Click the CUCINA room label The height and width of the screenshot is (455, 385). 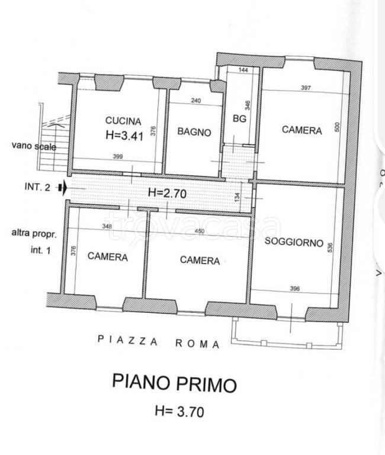(123, 121)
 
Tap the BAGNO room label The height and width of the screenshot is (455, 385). (194, 132)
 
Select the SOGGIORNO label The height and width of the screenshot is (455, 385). (294, 242)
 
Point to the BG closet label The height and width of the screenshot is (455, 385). (239, 118)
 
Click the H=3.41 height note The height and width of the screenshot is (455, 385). (124, 135)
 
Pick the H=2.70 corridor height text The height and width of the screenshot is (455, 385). (167, 193)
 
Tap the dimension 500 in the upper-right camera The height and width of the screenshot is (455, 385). (337, 127)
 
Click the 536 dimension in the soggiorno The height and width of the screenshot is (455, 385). (329, 248)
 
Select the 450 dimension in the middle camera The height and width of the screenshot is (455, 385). (200, 231)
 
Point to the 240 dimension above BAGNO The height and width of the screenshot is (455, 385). (196, 101)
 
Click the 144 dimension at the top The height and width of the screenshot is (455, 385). (243, 70)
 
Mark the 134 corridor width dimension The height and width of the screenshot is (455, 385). (237, 198)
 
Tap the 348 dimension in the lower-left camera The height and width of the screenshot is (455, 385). (107, 226)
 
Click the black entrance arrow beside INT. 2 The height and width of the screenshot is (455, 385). (63, 188)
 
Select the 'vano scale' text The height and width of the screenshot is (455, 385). (34, 146)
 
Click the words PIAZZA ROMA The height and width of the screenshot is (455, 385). (158, 342)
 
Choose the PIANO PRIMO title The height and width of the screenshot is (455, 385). (174, 384)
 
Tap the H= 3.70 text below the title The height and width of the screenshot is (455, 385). (179, 412)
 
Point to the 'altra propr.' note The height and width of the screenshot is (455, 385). (34, 233)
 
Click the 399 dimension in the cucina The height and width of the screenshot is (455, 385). (118, 156)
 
